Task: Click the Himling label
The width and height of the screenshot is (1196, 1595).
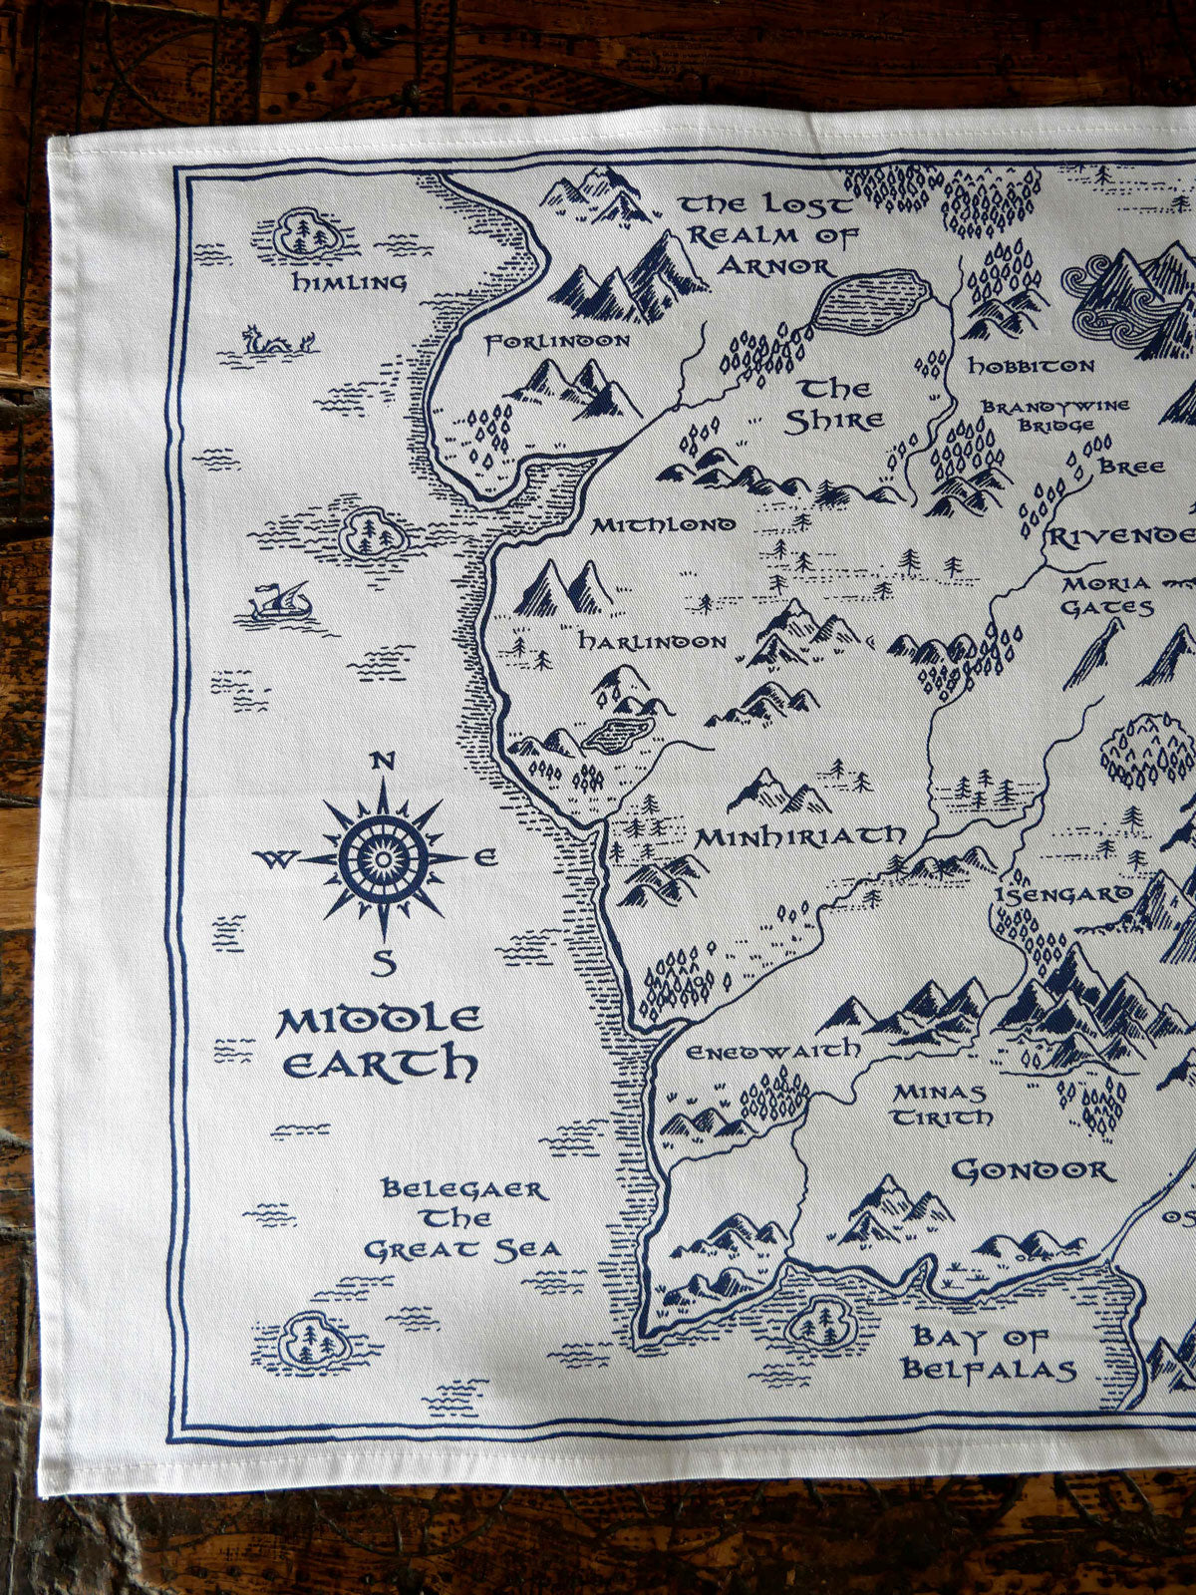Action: click(349, 282)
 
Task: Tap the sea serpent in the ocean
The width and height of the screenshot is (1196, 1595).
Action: click(278, 342)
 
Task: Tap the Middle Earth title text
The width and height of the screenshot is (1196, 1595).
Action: click(378, 1042)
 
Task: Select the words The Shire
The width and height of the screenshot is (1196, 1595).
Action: click(836, 404)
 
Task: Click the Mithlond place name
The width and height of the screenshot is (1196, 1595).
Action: click(663, 524)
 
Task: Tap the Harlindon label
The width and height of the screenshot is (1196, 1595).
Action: click(653, 642)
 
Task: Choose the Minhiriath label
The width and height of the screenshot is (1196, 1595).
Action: click(800, 835)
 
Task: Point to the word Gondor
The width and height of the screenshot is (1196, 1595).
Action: click(1033, 1169)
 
